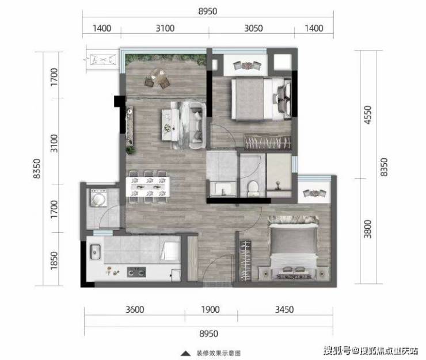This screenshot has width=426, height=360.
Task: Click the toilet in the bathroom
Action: (x=253, y=188)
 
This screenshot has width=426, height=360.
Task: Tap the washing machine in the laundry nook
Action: (x=98, y=198)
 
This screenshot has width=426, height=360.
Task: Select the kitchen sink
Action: (x=96, y=252)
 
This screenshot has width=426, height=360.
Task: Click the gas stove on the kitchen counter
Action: (x=136, y=272)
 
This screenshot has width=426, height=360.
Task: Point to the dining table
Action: (x=148, y=187)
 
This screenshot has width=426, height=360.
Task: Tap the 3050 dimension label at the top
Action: (x=253, y=28)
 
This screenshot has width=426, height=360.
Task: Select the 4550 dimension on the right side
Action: (x=368, y=115)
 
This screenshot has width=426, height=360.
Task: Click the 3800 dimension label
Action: (x=368, y=229)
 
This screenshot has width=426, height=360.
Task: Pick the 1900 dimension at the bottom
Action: (x=210, y=309)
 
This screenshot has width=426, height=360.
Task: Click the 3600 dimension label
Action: (x=135, y=309)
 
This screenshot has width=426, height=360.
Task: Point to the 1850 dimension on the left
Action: (x=54, y=261)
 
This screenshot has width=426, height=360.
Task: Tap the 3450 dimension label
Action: (x=284, y=309)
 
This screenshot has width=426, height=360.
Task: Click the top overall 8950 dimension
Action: (x=208, y=12)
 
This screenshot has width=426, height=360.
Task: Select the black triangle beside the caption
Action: (x=186, y=353)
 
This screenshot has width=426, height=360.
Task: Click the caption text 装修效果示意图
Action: (x=219, y=353)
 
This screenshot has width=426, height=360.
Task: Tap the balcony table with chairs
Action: (x=157, y=78)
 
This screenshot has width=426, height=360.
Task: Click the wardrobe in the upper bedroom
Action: (x=268, y=141)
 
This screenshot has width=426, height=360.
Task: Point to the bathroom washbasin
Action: (x=223, y=189)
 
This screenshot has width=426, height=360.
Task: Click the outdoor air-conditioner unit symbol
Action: (x=103, y=59)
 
